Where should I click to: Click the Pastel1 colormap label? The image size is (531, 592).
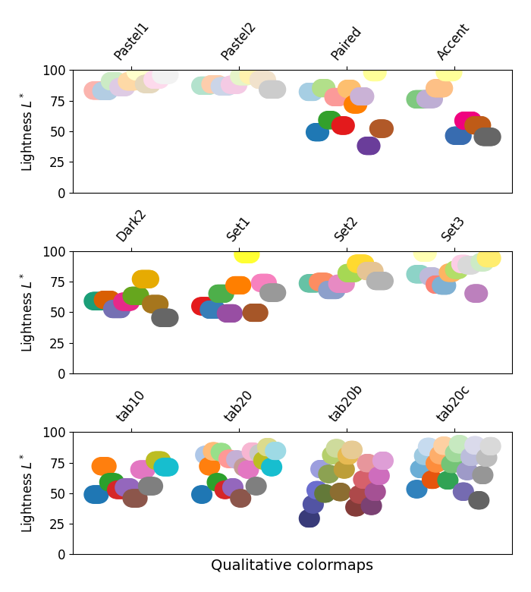(x=131, y=42)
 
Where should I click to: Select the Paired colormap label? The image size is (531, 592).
(x=346, y=43)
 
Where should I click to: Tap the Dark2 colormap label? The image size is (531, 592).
(x=130, y=225)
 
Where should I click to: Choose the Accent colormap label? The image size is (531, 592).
(x=453, y=42)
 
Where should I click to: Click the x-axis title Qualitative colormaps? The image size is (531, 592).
(x=291, y=565)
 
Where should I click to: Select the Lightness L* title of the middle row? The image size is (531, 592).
(x=27, y=313)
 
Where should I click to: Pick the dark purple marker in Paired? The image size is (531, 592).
(x=369, y=146)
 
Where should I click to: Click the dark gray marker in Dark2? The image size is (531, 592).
(x=165, y=318)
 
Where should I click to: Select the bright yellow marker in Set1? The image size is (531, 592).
(x=247, y=255)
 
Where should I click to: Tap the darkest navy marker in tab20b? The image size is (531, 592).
(x=309, y=518)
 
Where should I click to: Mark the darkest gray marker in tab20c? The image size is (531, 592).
(x=479, y=500)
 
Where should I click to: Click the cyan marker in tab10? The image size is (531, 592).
(x=165, y=467)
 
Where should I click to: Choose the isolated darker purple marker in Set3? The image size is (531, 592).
(x=476, y=293)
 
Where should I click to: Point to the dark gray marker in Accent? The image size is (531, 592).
(x=487, y=137)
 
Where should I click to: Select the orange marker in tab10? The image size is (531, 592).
(x=104, y=466)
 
